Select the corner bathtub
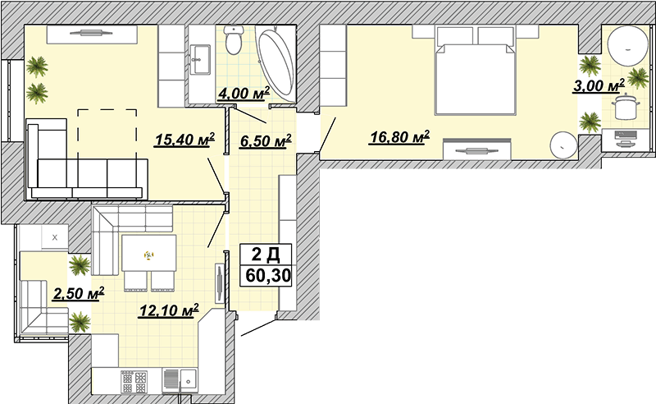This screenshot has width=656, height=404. click(276, 62)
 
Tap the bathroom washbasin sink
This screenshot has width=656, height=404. click(200, 59)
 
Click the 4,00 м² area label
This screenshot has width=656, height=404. click(244, 94)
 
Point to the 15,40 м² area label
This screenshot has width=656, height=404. click(184, 140)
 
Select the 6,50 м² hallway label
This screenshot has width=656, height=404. click(266, 141)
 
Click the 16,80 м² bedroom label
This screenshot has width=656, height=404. click(399, 136)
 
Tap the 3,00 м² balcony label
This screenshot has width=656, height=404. click(599, 85)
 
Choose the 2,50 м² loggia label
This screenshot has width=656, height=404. click(78, 294)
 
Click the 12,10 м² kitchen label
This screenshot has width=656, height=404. click(169, 310)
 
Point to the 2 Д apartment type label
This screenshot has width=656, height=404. click(266, 254)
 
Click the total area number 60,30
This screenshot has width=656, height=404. click(268, 276)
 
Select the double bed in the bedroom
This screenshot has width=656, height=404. click(475, 70)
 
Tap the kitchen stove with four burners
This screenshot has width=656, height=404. click(134, 382)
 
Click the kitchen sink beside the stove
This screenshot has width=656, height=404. click(180, 381)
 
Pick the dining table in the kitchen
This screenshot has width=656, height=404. click(149, 253)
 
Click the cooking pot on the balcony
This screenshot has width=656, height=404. click(625, 107)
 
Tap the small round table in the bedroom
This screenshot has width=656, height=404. click(563, 145)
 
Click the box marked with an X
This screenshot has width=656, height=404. click(55, 237)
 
